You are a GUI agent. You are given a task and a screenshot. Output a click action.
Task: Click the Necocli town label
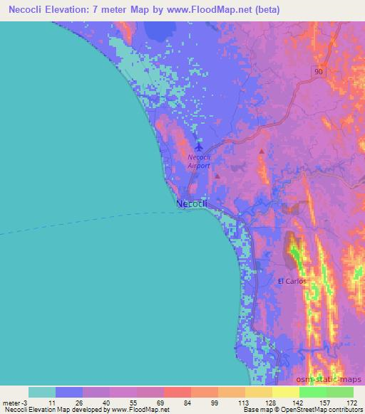tap(191, 204)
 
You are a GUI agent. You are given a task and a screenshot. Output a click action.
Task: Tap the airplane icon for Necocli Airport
tap(198, 147)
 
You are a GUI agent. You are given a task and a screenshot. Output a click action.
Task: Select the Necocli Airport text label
tap(199, 161)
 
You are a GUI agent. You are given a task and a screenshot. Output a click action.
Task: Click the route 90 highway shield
tap(317, 70)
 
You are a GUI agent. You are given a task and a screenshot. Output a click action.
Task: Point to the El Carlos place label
tap(292, 281)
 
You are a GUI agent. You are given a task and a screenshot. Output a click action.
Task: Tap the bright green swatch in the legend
tap(312, 392)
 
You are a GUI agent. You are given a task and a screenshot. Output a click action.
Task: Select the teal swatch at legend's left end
tap(42, 392)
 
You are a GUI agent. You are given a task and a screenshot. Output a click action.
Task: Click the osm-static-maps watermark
tap(333, 381)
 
